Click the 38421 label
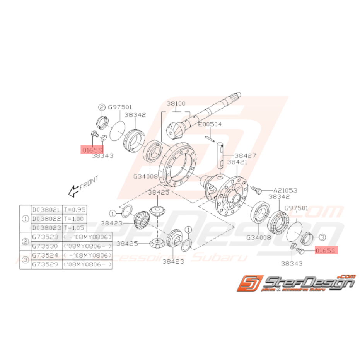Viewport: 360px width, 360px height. point(238,162)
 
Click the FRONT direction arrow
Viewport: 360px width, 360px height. point(73,190)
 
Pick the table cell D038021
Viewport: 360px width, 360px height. point(46,210)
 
